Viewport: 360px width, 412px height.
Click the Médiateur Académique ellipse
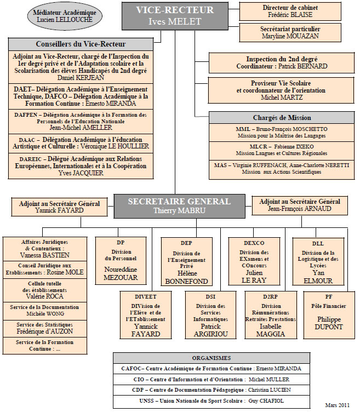coord(65,16)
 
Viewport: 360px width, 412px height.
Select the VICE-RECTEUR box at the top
coord(175,16)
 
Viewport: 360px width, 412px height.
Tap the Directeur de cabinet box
coord(290,11)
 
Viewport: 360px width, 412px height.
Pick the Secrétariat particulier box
coord(290,32)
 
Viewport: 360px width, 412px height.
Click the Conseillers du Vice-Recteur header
coord(81,44)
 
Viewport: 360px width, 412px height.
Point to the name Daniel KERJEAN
coord(81,78)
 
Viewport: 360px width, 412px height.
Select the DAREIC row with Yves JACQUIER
coord(81,166)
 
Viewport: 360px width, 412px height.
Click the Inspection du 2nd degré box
coord(282,62)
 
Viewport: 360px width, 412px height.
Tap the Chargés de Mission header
coord(282,118)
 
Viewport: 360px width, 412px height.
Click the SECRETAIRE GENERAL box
coord(180,206)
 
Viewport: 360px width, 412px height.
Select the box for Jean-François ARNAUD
coord(300,205)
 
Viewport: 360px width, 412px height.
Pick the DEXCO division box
coord(254,261)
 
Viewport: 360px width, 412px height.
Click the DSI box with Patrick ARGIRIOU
coord(210,315)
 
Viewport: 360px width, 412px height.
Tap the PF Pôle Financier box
coord(329,315)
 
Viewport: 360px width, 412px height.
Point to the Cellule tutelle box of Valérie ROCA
coord(45,290)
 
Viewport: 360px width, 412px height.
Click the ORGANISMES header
coord(212,358)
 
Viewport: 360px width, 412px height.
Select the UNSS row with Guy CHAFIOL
coord(212,401)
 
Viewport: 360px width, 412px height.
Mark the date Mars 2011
coord(337,405)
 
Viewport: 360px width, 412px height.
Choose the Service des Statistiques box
coord(45,328)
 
